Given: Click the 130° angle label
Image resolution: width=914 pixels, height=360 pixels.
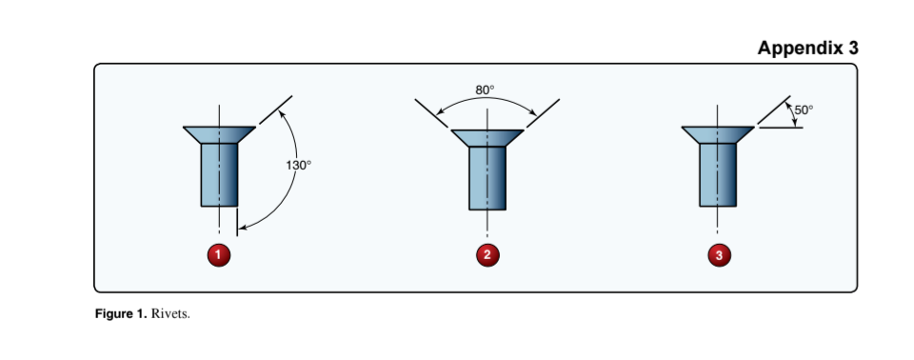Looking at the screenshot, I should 298,165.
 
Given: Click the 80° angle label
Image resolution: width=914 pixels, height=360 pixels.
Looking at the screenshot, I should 485,90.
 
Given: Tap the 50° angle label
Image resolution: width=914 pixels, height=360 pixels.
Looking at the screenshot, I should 804,110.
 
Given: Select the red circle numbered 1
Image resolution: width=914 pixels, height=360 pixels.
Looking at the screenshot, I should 220,254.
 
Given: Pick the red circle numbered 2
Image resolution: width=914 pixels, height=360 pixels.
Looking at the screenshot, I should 487,254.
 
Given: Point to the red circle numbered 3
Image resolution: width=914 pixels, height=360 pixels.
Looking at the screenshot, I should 719,254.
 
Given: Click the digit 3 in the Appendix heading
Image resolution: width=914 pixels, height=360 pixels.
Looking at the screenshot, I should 851,48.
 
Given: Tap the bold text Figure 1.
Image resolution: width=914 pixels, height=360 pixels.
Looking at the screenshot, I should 121,314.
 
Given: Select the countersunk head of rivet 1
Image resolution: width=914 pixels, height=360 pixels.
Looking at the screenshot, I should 219,133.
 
